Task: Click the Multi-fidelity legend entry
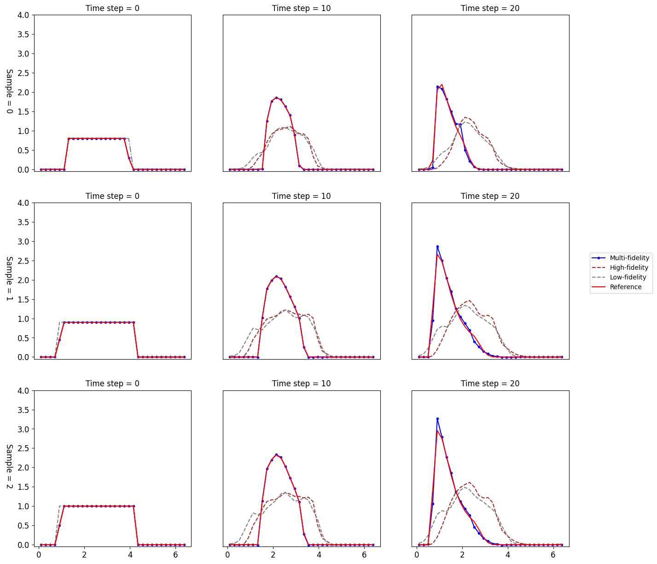pyautogui.click(x=619, y=258)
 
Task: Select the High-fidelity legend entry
pyautogui.click(x=619, y=267)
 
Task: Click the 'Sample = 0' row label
pyautogui.click(x=10, y=91)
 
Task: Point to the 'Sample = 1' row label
pyautogui.click(x=10, y=279)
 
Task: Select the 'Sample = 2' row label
pyautogui.click(x=10, y=466)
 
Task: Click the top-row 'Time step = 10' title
pyautogui.click(x=301, y=8)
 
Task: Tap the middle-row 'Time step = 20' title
pyautogui.click(x=490, y=196)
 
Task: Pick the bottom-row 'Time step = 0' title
pyautogui.click(x=112, y=384)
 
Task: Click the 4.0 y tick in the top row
pyautogui.click(x=23, y=15)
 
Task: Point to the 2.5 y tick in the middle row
pyautogui.click(x=23, y=261)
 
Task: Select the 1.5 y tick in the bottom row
pyautogui.click(x=23, y=487)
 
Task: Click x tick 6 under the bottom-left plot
pyautogui.click(x=175, y=554)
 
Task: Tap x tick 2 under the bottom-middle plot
pyautogui.click(x=273, y=554)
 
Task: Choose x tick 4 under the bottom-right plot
pyautogui.click(x=508, y=554)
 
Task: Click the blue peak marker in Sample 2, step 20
pyautogui.click(x=437, y=419)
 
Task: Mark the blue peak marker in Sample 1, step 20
pyautogui.click(x=437, y=247)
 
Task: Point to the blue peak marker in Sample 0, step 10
pyautogui.click(x=276, y=98)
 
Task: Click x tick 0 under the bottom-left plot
pyautogui.click(x=39, y=554)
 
